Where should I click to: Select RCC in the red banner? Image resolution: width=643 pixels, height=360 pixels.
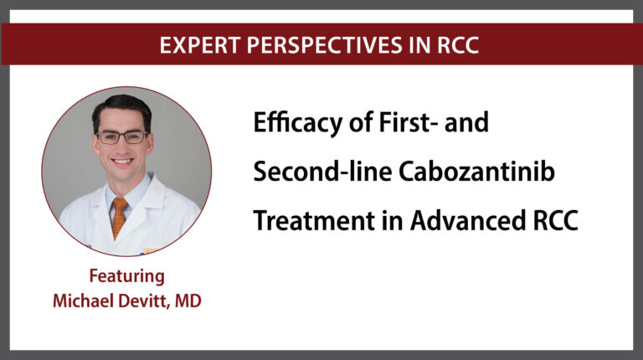point(458,45)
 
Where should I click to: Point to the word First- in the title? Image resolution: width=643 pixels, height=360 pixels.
point(408,121)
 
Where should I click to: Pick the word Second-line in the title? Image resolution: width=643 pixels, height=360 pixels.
point(322,171)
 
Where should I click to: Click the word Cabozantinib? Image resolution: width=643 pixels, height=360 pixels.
point(476,171)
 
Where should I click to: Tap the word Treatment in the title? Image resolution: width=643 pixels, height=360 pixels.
point(314,220)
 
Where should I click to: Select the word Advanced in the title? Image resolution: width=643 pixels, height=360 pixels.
point(467,220)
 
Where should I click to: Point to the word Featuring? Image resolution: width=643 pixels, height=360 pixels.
point(126,277)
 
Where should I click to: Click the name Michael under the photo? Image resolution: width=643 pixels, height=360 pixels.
point(83,301)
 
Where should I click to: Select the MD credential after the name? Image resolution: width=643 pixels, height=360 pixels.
point(188,301)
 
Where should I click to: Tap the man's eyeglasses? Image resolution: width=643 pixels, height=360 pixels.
point(121,137)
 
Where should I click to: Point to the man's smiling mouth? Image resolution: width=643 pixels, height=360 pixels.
point(122,162)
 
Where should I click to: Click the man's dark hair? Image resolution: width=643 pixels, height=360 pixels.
point(121,107)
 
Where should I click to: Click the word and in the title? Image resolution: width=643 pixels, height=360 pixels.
point(466,121)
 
